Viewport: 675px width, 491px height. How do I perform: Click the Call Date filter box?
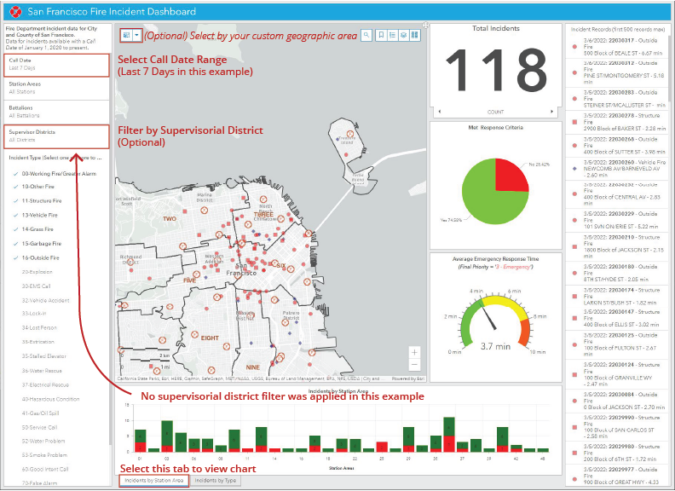coord(57,66)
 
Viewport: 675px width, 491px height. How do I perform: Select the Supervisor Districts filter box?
coord(57,137)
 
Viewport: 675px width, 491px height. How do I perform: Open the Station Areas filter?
coord(57,89)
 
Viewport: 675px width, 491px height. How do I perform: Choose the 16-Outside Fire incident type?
coord(43,257)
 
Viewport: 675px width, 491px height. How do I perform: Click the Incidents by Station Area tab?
coord(153,481)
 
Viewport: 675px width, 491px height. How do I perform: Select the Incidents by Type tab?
coord(215,481)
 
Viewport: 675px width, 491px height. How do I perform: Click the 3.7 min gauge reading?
coord(495,346)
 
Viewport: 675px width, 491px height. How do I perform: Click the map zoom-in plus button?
coord(414,351)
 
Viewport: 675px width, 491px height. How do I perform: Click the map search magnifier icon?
coord(366,35)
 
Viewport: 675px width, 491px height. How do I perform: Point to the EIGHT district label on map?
coord(211,338)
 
